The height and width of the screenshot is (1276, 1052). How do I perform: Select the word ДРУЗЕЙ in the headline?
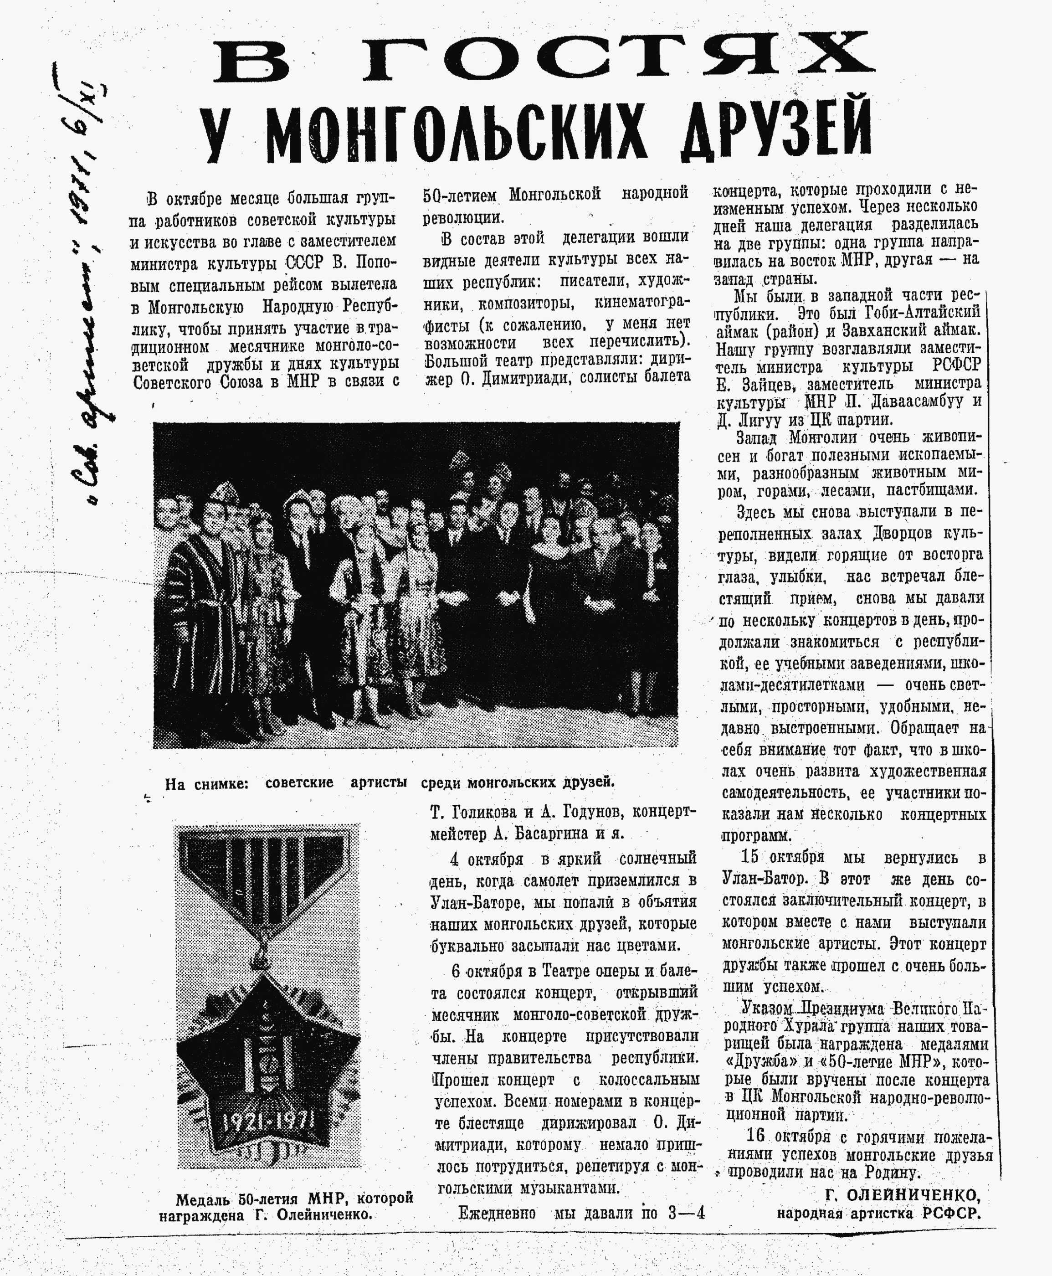click(775, 130)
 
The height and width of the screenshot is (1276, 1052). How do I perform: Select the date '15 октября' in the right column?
click(782, 857)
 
